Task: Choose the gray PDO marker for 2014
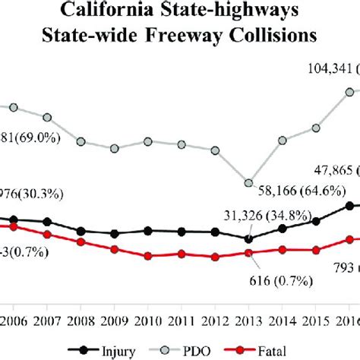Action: point(283,140)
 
